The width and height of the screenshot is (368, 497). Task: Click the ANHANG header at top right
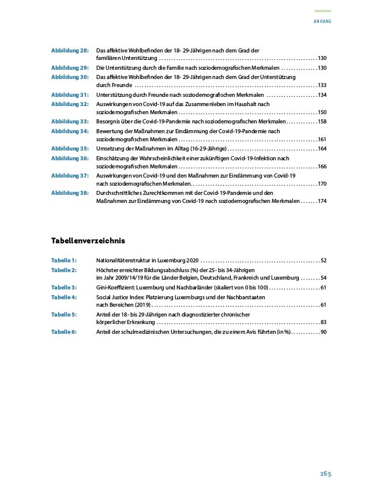pos(322,21)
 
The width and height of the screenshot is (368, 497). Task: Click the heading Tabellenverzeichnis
pos(88,239)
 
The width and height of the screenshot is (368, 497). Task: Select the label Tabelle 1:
pos(64,261)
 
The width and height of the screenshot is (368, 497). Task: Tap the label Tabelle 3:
pos(64,287)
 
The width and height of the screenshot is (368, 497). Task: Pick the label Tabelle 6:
pos(64,332)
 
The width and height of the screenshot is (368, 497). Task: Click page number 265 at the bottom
pos(326,474)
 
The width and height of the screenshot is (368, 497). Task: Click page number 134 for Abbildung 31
pos(322,95)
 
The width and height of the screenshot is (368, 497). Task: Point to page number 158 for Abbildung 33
pos(322,122)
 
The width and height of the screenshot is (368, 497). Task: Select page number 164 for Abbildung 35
pos(322,149)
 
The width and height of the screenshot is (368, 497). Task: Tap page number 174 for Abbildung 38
pos(322,202)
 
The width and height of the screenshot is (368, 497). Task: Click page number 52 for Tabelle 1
pos(324,261)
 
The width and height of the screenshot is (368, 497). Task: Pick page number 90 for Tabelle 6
pos(324,333)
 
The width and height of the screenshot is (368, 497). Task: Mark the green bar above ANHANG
pos(322,11)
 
